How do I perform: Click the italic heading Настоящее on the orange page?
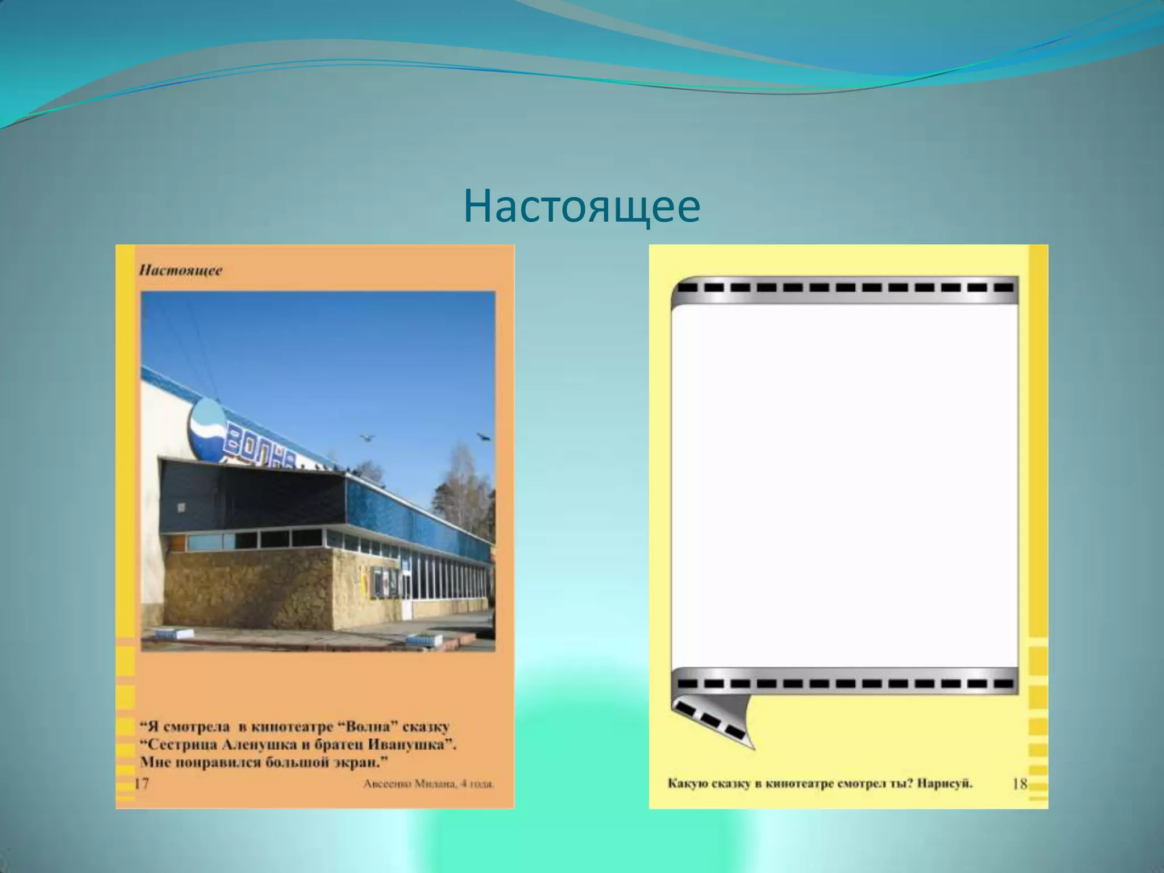(181, 270)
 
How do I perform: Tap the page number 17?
(142, 784)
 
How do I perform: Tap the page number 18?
(1020, 784)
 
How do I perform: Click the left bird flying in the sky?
(367, 437)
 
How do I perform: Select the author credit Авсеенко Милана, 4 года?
(429, 785)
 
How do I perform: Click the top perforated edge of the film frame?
(844, 288)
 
